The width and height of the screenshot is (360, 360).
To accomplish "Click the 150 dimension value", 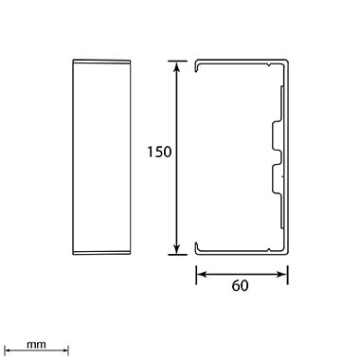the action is pos(159,152).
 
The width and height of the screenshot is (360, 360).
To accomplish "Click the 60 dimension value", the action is pos(240,286).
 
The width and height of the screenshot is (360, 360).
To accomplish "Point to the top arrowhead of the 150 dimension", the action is pos(177,66).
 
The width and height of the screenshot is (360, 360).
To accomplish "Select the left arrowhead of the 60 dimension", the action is pos(202,275).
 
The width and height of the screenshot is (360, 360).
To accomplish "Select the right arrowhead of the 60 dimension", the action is pos(282,275).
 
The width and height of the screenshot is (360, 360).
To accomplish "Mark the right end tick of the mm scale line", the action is pos(68,350).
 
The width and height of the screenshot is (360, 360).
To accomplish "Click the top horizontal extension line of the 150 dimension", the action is pos(177,61).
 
